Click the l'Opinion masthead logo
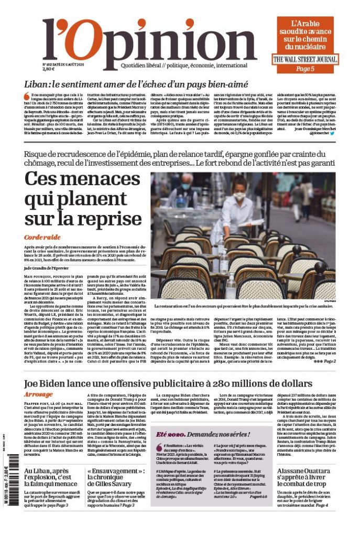click(x=149, y=41)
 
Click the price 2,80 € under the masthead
click(x=48, y=69)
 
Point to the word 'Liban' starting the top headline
click(x=37, y=84)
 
